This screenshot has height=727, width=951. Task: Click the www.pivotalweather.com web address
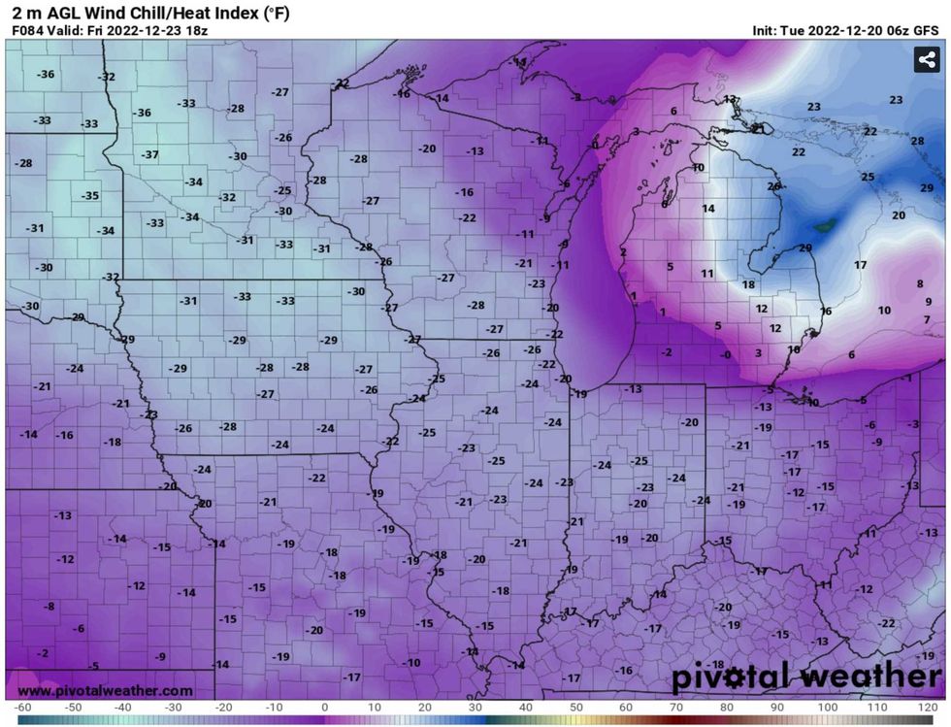[x=105, y=691]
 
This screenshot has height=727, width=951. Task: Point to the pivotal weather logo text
[x=806, y=676]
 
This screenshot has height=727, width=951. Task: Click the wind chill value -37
[x=149, y=155]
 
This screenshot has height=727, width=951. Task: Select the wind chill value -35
[x=89, y=196]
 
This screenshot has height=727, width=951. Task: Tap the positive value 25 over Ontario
[x=868, y=177]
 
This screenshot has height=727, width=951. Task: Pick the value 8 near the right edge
[x=920, y=284]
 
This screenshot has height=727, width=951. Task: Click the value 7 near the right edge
[x=927, y=319]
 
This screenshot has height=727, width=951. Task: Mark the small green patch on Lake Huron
[x=824, y=226]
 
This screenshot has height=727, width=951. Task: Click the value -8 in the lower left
[x=49, y=607]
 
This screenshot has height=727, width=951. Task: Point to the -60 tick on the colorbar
[x=23, y=708]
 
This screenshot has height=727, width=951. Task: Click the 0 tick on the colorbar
[x=323, y=708]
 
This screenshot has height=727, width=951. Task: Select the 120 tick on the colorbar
[x=925, y=708]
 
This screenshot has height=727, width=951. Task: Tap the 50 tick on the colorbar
[x=574, y=708]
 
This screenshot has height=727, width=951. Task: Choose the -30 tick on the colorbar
[x=173, y=708]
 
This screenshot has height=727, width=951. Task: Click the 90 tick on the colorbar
[x=775, y=708]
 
